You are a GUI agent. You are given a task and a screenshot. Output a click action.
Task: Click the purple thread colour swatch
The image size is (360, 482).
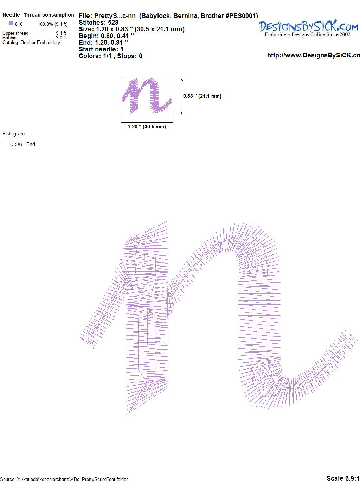pos(11,23)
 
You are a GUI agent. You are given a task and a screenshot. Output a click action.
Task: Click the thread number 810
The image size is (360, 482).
pos(19,24)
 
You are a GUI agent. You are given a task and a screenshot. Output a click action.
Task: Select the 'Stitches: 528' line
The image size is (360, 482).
pos(98,23)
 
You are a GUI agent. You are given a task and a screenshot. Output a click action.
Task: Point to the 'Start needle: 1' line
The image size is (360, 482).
pos(101,49)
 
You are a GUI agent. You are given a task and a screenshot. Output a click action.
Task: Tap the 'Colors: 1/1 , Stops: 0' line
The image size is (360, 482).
pos(110,56)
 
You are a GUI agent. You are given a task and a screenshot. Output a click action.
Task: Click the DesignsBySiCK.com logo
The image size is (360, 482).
pos(308,28)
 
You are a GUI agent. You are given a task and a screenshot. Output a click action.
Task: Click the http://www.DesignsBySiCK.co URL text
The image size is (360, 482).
pos(314,55)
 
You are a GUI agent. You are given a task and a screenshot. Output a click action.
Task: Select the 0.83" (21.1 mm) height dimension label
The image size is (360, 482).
pos(202,96)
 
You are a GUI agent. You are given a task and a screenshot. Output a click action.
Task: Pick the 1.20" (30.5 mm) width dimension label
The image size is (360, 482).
pos(147,127)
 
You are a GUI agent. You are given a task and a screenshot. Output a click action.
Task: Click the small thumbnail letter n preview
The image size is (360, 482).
pos(147,96)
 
